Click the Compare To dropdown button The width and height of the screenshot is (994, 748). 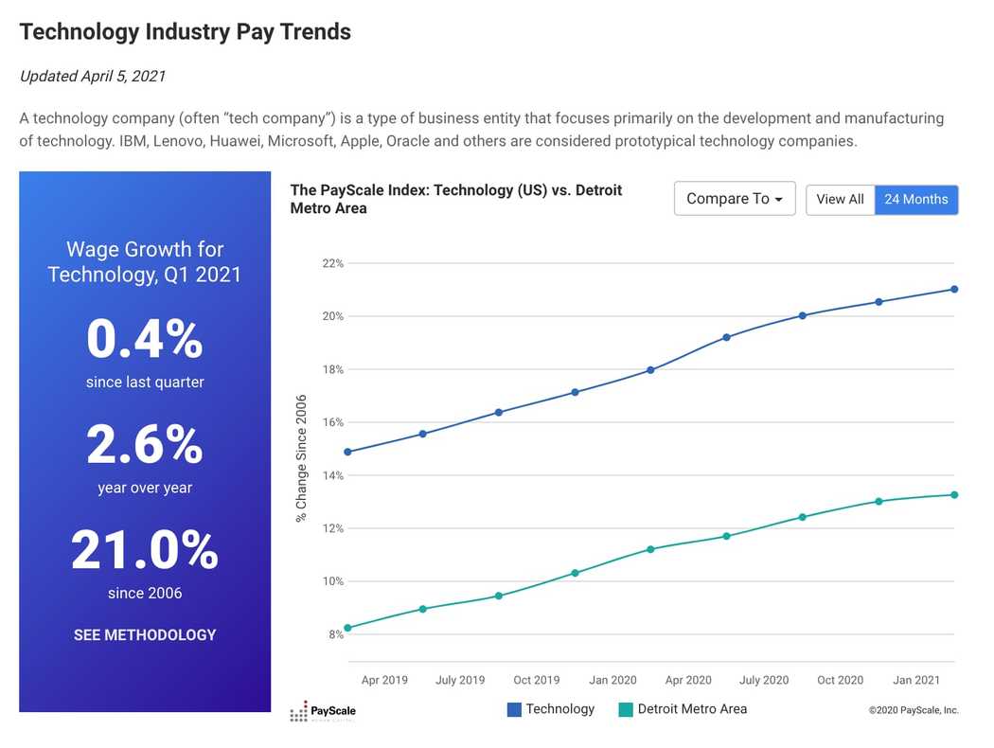[735, 199]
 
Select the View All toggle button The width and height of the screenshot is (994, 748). [840, 199]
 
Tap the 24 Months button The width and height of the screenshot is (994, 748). [916, 199]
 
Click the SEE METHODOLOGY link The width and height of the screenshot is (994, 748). [145, 634]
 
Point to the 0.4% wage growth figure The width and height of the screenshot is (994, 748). [145, 339]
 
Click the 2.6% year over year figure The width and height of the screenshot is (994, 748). [145, 444]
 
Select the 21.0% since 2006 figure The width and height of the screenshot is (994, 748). [145, 549]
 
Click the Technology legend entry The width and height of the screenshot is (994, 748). [551, 709]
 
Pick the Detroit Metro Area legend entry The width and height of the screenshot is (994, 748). [683, 709]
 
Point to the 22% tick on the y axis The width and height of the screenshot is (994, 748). [333, 263]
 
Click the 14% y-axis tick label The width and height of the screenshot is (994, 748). [333, 475]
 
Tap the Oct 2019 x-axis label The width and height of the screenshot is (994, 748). [537, 680]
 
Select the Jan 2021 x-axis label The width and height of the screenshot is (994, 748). [916, 680]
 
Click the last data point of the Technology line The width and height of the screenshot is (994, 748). [954, 289]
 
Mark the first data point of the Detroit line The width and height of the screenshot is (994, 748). [347, 628]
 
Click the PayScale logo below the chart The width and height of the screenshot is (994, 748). [323, 711]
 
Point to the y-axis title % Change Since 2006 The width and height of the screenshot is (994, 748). [301, 458]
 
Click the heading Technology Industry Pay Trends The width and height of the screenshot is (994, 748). [186, 31]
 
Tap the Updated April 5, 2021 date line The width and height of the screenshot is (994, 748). [93, 76]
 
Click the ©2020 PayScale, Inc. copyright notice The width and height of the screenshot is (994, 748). [914, 710]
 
